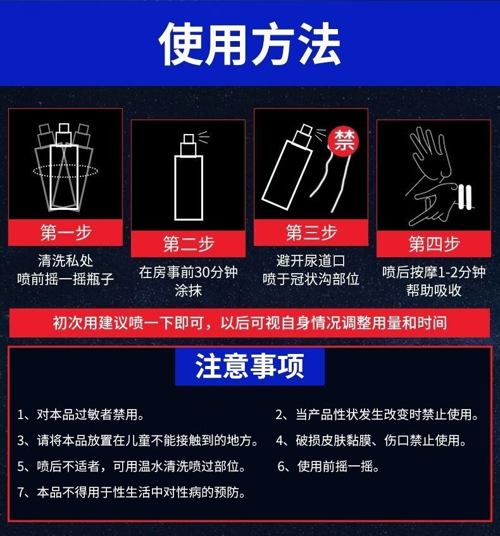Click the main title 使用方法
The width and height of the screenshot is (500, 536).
click(x=249, y=44)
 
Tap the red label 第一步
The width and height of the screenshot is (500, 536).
click(x=65, y=233)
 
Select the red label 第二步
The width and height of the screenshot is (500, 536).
click(x=188, y=244)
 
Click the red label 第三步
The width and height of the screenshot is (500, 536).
click(x=311, y=233)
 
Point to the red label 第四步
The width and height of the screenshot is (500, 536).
click(x=434, y=244)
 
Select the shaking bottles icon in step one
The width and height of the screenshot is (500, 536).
click(x=65, y=167)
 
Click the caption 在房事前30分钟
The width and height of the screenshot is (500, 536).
click(x=188, y=273)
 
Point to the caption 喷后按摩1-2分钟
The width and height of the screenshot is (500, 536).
click(x=434, y=272)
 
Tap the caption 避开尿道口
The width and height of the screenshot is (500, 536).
click(x=311, y=260)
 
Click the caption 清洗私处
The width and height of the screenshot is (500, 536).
click(x=65, y=260)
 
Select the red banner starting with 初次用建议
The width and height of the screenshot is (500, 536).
click(x=249, y=323)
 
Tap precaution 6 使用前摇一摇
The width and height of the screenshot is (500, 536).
click(x=328, y=466)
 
